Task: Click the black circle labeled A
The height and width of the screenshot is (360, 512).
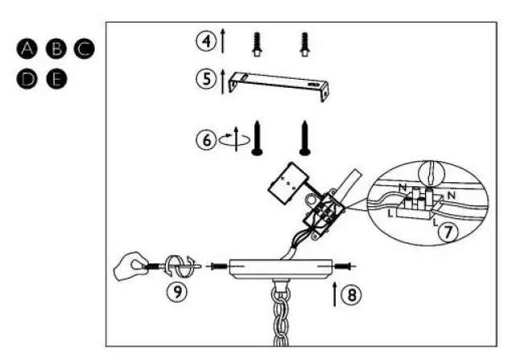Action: pyautogui.click(x=28, y=50)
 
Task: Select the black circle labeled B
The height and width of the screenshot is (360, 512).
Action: pyautogui.click(x=56, y=50)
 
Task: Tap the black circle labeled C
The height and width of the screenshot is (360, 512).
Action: pyautogui.click(x=84, y=50)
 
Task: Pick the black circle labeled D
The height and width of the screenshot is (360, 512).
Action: pyautogui.click(x=28, y=79)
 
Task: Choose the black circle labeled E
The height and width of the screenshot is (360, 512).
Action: pyautogui.click(x=56, y=79)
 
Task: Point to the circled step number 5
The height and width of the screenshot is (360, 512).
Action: pyautogui.click(x=207, y=80)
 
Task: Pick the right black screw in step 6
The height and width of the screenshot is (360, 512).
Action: pyautogui.click(x=306, y=137)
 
